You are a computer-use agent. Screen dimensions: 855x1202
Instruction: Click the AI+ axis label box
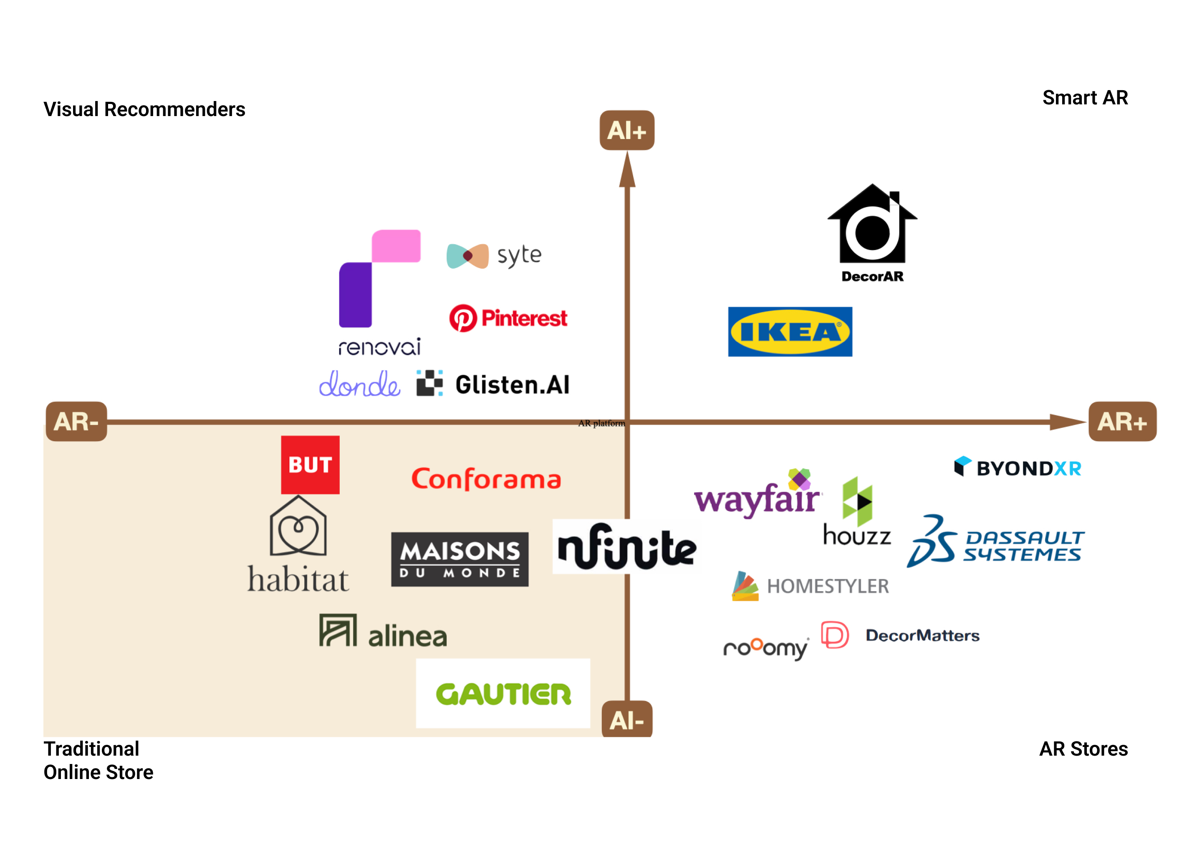(627, 130)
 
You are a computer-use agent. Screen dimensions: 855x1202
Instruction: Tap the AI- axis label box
(627, 720)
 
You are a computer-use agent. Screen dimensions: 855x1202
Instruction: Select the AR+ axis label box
(1122, 421)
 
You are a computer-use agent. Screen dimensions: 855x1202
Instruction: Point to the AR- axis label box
(76, 421)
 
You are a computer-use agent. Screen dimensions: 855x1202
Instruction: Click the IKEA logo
(790, 331)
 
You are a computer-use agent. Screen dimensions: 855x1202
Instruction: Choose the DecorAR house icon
(872, 224)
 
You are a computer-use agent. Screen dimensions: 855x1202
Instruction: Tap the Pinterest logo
(508, 318)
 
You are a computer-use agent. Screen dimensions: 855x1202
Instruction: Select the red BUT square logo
(310, 464)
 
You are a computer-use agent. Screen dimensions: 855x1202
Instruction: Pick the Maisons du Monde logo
(460, 559)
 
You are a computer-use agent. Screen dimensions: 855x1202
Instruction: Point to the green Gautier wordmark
(503, 694)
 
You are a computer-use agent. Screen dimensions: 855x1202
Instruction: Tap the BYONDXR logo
(1018, 467)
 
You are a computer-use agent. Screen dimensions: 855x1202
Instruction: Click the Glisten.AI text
(512, 385)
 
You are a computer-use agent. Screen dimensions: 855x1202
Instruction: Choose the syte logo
(494, 256)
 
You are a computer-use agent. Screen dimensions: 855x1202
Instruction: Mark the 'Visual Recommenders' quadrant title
(144, 109)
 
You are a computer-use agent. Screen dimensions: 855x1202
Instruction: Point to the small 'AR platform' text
(601, 423)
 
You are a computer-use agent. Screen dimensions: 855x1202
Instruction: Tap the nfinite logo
(626, 548)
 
